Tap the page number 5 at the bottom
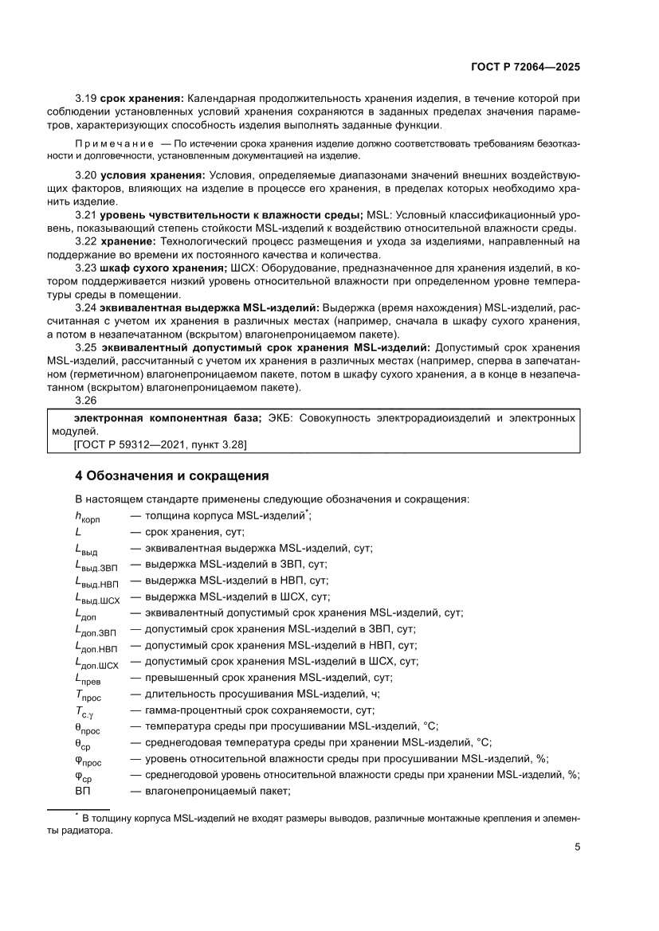(x=577, y=847)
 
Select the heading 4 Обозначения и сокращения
(x=171, y=476)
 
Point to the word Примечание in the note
(x=112, y=143)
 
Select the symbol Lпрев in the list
(x=88, y=679)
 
